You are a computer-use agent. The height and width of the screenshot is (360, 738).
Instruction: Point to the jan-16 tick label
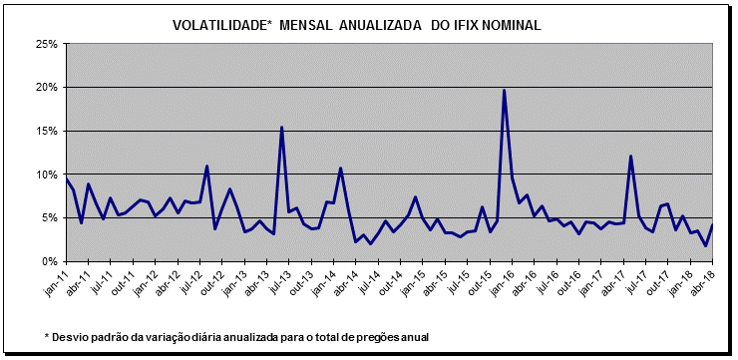point(507,280)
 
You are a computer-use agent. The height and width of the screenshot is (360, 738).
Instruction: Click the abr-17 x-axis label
point(619,280)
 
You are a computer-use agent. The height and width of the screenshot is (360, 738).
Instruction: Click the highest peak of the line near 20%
point(505,91)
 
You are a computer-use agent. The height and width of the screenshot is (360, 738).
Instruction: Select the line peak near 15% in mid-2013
point(281,128)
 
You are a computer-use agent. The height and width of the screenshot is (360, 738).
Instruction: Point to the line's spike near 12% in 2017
point(630,157)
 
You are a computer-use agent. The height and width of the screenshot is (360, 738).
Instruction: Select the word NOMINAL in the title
point(514,25)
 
